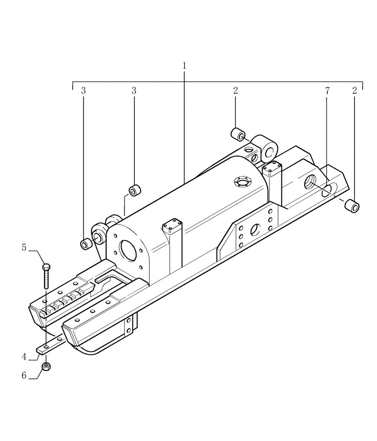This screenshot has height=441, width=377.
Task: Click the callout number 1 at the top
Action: [185, 65]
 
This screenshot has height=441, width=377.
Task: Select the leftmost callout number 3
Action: [83, 91]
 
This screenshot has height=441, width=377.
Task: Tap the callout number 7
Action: [327, 91]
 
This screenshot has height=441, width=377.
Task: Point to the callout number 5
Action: [24, 247]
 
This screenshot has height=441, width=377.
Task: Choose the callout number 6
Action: [25, 375]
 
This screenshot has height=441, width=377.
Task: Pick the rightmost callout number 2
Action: [355, 91]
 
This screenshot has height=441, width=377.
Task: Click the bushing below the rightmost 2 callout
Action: [353, 205]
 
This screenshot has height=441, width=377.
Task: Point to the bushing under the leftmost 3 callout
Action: [85, 243]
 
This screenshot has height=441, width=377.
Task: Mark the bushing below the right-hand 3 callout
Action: [134, 191]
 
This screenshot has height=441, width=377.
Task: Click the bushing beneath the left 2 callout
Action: [238, 134]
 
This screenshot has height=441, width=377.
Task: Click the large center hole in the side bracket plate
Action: [255, 229]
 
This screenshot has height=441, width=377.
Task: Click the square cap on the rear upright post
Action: [272, 168]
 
